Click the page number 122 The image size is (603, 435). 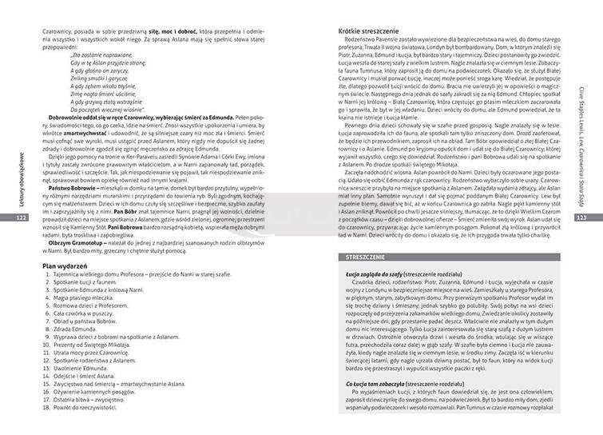click(x=22, y=217)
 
